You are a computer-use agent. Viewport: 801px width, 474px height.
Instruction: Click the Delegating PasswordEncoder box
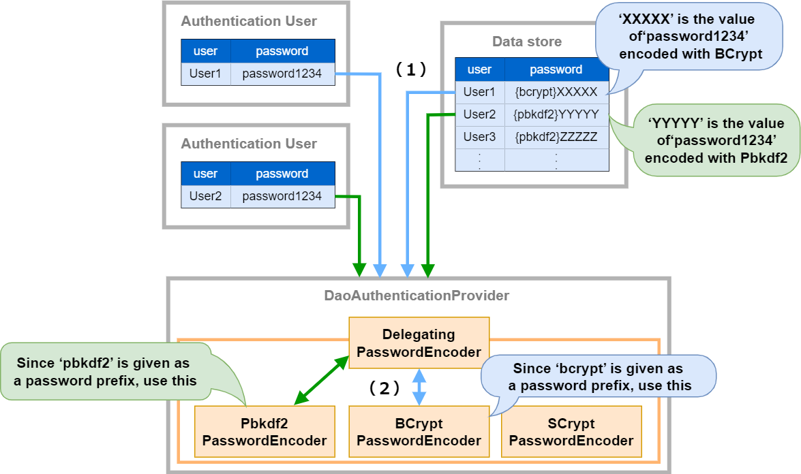pyautogui.click(x=419, y=343)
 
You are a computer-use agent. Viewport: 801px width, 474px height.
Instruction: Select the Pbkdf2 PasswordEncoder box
pyautogui.click(x=265, y=432)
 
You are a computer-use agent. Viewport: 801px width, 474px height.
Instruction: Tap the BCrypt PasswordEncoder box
pyautogui.click(x=419, y=432)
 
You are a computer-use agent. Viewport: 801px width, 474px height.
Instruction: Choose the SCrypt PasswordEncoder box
pyautogui.click(x=571, y=432)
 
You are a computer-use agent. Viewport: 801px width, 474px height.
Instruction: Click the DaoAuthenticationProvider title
pyautogui.click(x=417, y=296)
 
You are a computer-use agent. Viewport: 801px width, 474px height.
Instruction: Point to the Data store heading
pyautogui.click(x=527, y=42)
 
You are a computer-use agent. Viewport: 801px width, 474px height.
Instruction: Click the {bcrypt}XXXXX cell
pyautogui.click(x=556, y=92)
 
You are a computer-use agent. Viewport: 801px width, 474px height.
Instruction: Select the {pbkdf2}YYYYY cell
pyautogui.click(x=556, y=114)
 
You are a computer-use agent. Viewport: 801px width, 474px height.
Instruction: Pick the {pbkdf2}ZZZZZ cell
pyautogui.click(x=556, y=137)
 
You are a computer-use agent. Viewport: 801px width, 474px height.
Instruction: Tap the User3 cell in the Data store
pyautogui.click(x=480, y=137)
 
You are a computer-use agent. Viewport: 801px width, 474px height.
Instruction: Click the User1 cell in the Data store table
pyautogui.click(x=480, y=92)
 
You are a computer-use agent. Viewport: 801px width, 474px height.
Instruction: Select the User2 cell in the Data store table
pyautogui.click(x=480, y=114)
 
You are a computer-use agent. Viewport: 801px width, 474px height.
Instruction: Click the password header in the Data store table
pyautogui.click(x=556, y=69)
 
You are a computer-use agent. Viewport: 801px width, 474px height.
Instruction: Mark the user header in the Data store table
pyautogui.click(x=480, y=69)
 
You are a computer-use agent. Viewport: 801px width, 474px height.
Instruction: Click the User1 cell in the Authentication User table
pyautogui.click(x=206, y=74)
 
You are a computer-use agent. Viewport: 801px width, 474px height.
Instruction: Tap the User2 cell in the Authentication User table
pyautogui.click(x=206, y=196)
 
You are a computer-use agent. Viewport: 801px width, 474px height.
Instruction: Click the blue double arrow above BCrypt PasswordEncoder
pyautogui.click(x=419, y=387)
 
